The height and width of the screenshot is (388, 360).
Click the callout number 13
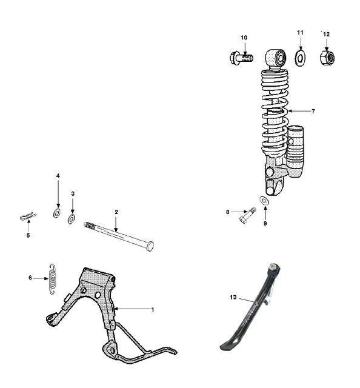(x=233, y=297)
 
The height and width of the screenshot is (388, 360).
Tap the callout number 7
(x=313, y=112)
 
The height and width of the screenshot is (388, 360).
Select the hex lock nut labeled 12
(x=327, y=58)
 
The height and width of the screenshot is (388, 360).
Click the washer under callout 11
(x=300, y=58)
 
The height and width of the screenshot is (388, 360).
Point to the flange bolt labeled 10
(x=241, y=58)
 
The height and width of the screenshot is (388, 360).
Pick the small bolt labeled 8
(x=248, y=215)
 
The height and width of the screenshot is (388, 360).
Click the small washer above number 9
(x=264, y=201)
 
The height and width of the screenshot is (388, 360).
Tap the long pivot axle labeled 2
(x=119, y=236)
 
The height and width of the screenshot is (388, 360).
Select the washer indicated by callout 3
(x=72, y=219)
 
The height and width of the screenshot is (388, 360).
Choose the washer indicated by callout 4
(x=57, y=213)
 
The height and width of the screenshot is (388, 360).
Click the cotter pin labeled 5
(x=28, y=216)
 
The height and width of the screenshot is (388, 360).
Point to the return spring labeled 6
(x=52, y=279)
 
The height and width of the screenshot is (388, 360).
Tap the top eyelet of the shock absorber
(x=276, y=58)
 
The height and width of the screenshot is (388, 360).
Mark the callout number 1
(x=153, y=310)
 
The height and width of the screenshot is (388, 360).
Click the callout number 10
(x=244, y=38)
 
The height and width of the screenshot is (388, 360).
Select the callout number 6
(x=30, y=278)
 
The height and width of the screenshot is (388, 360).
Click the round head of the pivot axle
(x=150, y=246)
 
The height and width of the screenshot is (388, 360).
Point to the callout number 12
(x=326, y=34)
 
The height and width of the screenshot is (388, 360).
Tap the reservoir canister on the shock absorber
(x=295, y=151)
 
